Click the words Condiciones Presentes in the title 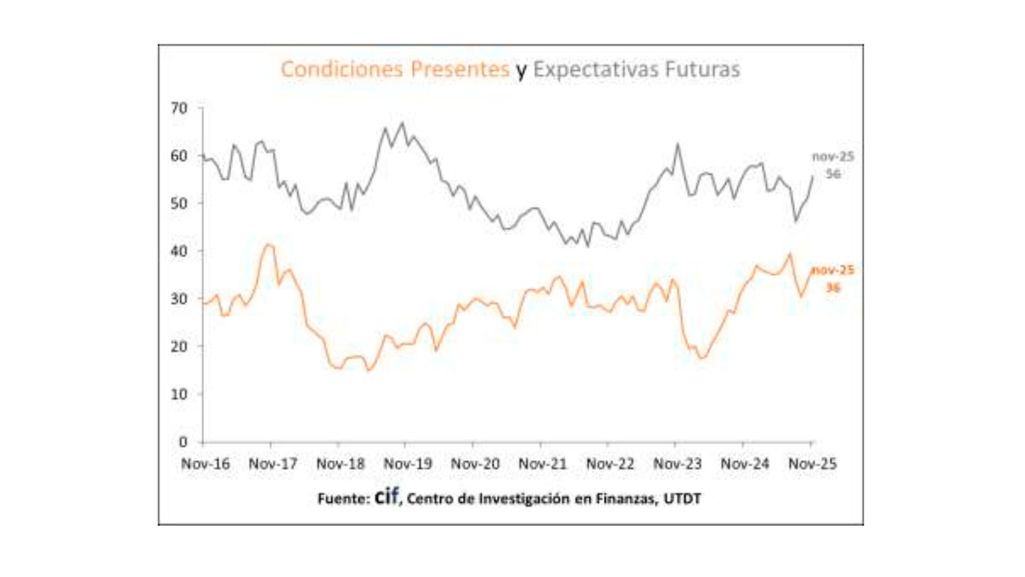coord(395,69)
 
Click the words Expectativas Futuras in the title coord(636,69)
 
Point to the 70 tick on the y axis coord(179,108)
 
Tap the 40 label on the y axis coord(179,251)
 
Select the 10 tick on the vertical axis coord(179,394)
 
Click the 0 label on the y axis coord(183,442)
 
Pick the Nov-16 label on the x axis coord(206,464)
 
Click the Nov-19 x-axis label coord(408,464)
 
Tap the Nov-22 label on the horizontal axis coord(610,464)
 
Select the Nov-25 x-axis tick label coord(813,464)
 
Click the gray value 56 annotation coord(833,174)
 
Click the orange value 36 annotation coord(833,288)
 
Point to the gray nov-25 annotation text coord(833,157)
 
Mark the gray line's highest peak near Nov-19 coord(403,123)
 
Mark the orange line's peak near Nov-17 coord(269,245)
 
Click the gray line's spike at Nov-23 coord(678,144)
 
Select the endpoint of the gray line coord(813,176)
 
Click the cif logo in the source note coord(387,496)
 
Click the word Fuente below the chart coord(342,499)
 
